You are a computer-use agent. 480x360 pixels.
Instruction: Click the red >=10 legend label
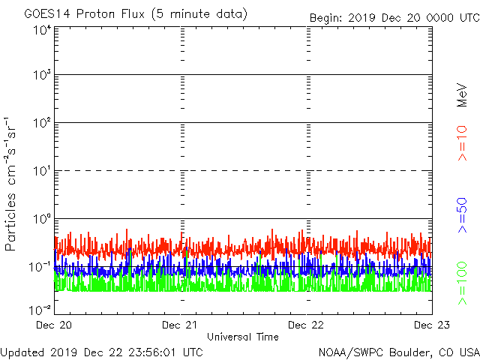pos(463,142)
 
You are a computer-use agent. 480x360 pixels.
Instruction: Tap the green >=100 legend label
pos(463,282)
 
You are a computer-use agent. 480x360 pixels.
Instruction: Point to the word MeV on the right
pos(463,94)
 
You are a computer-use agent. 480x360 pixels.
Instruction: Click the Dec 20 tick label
pos(55,325)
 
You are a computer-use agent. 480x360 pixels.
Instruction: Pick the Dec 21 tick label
pos(181,325)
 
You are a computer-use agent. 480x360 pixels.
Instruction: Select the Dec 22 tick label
pos(307,325)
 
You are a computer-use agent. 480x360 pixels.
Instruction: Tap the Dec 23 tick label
pos(432,325)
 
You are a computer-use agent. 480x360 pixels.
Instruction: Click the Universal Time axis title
pos(242,337)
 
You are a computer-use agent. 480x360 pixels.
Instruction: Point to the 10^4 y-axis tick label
pos(41,31)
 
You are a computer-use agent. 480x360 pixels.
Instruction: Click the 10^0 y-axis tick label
pos(41,220)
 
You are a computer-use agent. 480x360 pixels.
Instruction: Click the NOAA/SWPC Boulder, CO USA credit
pos(398,351)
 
